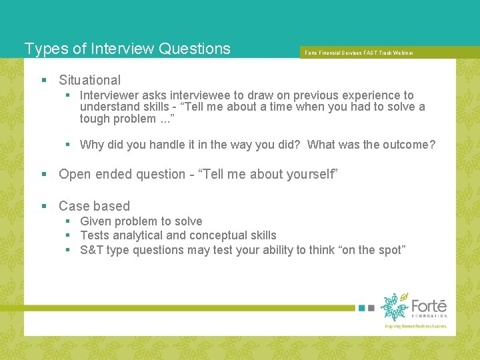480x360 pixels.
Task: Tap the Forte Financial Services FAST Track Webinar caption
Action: pos(359,52)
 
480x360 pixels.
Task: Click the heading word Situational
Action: pos(89,80)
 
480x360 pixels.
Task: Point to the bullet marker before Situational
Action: pos(44,80)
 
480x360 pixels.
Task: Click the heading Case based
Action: pos(94,206)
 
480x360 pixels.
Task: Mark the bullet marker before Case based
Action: pos(44,206)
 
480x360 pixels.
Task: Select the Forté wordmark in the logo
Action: pos(429,306)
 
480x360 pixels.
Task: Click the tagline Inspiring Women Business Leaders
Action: pos(415,326)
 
